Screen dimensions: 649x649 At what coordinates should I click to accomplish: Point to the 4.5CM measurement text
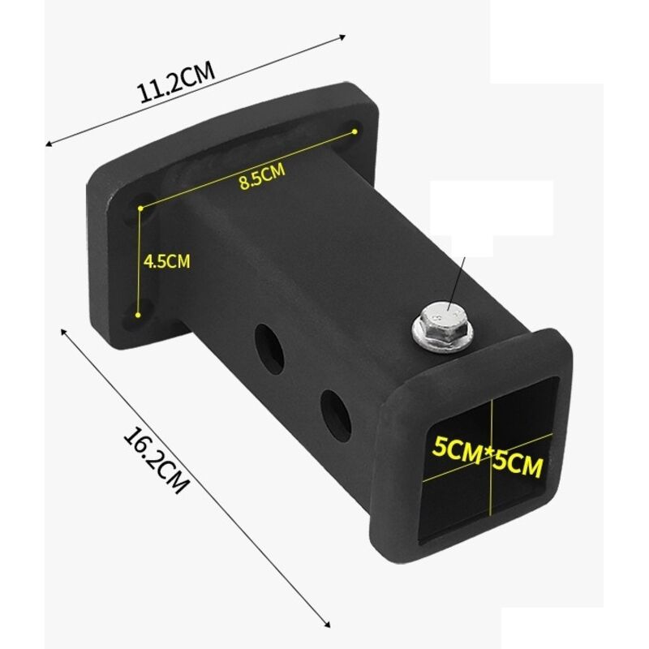[x=166, y=261]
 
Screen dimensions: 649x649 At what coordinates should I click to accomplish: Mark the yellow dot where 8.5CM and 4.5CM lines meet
[x=140, y=208]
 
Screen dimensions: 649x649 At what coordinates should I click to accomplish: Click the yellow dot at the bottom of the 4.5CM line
[x=140, y=314]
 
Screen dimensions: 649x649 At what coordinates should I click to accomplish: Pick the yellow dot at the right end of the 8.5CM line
[x=355, y=130]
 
